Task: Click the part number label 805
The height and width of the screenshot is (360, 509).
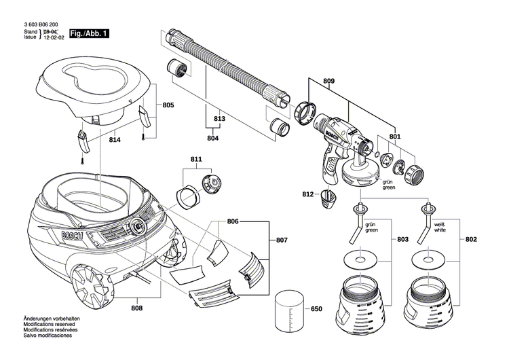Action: (168, 105)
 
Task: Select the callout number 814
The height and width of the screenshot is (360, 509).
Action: (114, 139)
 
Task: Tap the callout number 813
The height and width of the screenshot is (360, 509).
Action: (219, 119)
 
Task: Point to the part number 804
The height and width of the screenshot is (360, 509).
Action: (212, 139)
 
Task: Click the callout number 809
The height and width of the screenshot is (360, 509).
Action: (328, 82)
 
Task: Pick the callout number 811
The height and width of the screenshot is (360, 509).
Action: (196, 160)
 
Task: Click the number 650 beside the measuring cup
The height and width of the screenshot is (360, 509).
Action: (316, 309)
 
